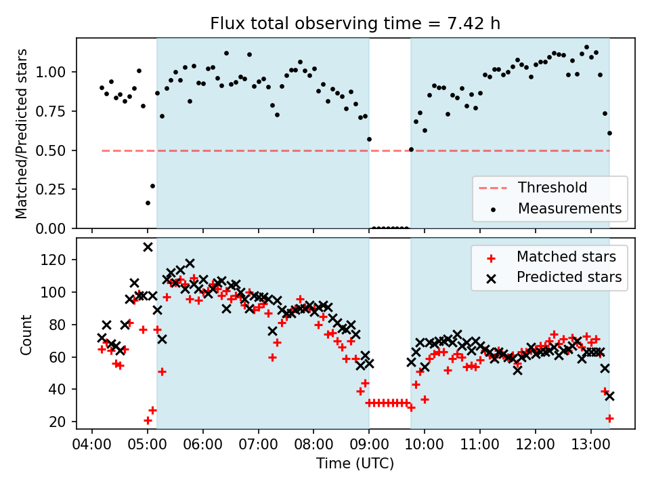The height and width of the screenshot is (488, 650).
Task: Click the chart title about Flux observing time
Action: (355, 24)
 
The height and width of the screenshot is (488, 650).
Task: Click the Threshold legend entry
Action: (552, 188)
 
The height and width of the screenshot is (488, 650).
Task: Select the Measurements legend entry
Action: (569, 209)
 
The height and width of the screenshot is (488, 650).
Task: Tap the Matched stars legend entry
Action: (566, 257)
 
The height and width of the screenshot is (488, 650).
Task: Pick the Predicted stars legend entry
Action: (569, 277)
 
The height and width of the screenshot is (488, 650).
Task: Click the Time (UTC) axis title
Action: (355, 464)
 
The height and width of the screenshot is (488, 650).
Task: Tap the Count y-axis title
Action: (26, 334)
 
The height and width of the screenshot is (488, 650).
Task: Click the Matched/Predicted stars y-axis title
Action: (21, 134)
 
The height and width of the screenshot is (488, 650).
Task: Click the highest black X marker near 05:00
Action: (148, 247)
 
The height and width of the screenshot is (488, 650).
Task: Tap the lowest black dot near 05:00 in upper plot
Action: (148, 203)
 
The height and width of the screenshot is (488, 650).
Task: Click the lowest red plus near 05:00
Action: (148, 420)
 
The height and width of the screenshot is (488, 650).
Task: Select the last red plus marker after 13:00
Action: (609, 418)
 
